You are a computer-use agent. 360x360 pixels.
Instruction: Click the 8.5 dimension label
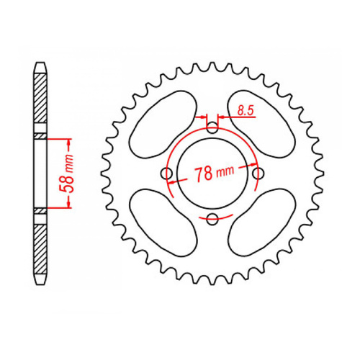[244, 111]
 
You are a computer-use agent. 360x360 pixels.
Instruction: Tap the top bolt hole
[212, 128]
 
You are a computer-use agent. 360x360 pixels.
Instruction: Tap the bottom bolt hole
[212, 219]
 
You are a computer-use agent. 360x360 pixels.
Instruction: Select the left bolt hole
[167, 174]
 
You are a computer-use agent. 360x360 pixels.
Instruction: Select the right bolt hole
[258, 174]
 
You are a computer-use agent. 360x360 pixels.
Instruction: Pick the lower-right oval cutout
[261, 224]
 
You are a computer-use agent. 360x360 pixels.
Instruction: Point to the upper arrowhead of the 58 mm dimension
[71, 139]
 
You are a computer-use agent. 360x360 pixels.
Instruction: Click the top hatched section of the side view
[41, 97]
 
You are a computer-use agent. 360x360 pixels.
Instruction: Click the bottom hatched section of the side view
[41, 248]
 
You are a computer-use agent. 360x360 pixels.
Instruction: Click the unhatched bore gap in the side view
[41, 173]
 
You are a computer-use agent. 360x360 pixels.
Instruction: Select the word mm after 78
[226, 174]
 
